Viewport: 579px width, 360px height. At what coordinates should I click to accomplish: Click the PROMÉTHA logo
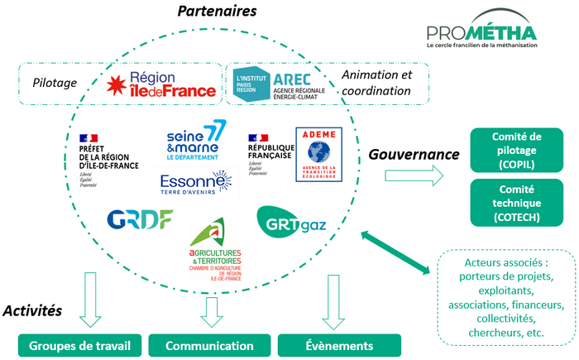pyautogui.click(x=481, y=37)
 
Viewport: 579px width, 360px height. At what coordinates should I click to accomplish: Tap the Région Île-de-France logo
pyautogui.click(x=163, y=84)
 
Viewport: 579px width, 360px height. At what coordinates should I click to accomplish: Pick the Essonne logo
pyautogui.click(x=196, y=182)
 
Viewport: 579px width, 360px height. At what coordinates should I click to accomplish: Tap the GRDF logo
pyautogui.click(x=139, y=219)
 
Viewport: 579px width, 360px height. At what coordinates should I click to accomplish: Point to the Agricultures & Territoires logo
pyautogui.click(x=213, y=247)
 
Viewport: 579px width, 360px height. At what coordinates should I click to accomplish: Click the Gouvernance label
pyautogui.click(x=414, y=155)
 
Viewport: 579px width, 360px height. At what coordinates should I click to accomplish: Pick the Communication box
pyautogui.click(x=209, y=345)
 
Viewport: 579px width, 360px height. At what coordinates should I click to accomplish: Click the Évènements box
pyautogui.click(x=339, y=345)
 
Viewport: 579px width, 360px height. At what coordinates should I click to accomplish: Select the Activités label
pyautogui.click(x=33, y=311)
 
